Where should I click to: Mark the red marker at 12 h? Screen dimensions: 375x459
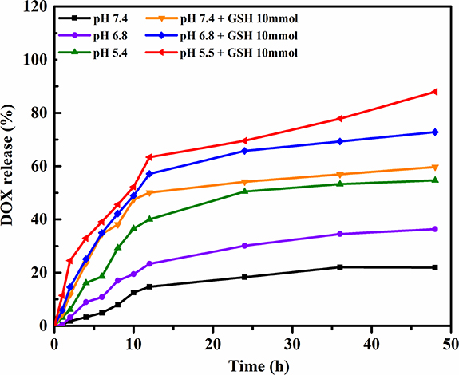coord(149,157)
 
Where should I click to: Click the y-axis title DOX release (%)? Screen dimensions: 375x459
coord(13,167)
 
